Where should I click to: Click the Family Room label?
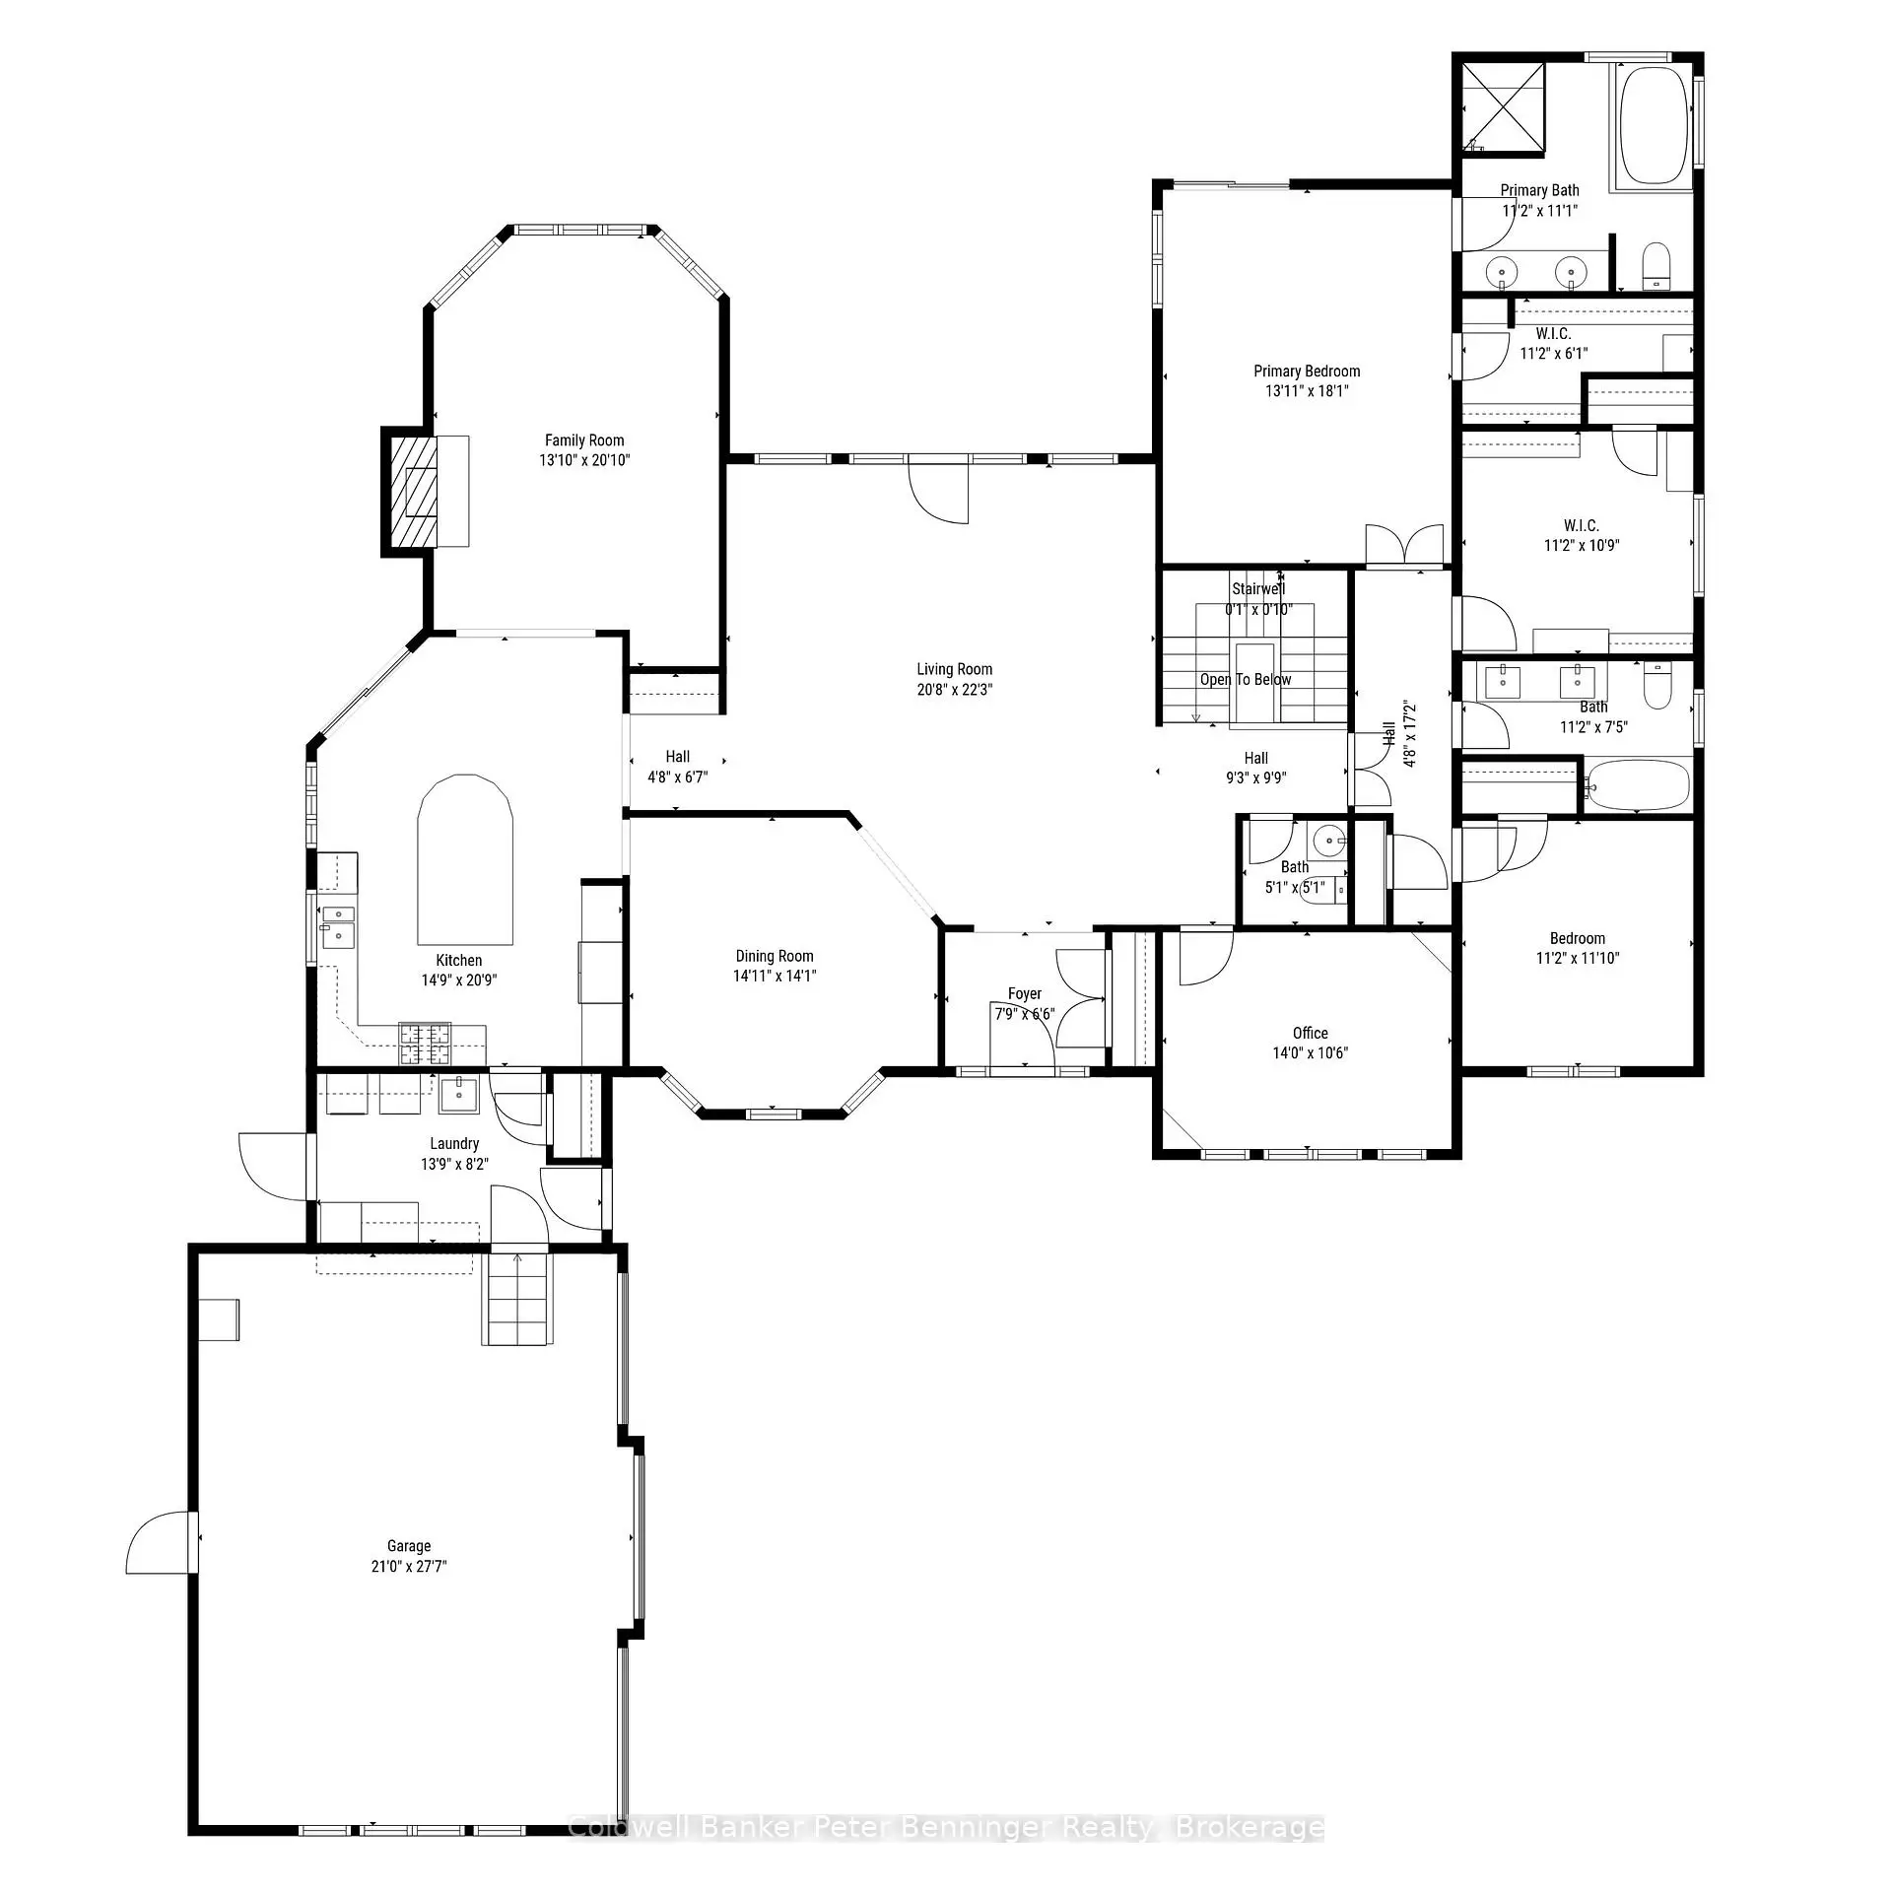coord(584,440)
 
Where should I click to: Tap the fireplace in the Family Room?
coord(415,491)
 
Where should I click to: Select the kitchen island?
coord(464,860)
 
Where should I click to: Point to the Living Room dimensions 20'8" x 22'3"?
coord(954,690)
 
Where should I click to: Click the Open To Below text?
coord(1245,680)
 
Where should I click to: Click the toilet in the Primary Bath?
coord(1656,266)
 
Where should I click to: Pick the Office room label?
coord(1310,1033)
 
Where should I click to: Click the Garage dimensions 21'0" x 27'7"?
coord(409,1566)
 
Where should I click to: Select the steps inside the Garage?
coord(517,1298)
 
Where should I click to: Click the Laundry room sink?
coord(458,1093)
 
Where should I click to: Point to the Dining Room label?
coord(775,956)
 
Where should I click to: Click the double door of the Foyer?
coord(1080,997)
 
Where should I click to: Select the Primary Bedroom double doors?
coord(1404,545)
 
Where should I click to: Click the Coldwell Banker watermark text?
coord(946,1856)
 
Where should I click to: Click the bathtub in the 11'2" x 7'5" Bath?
coord(1638,784)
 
